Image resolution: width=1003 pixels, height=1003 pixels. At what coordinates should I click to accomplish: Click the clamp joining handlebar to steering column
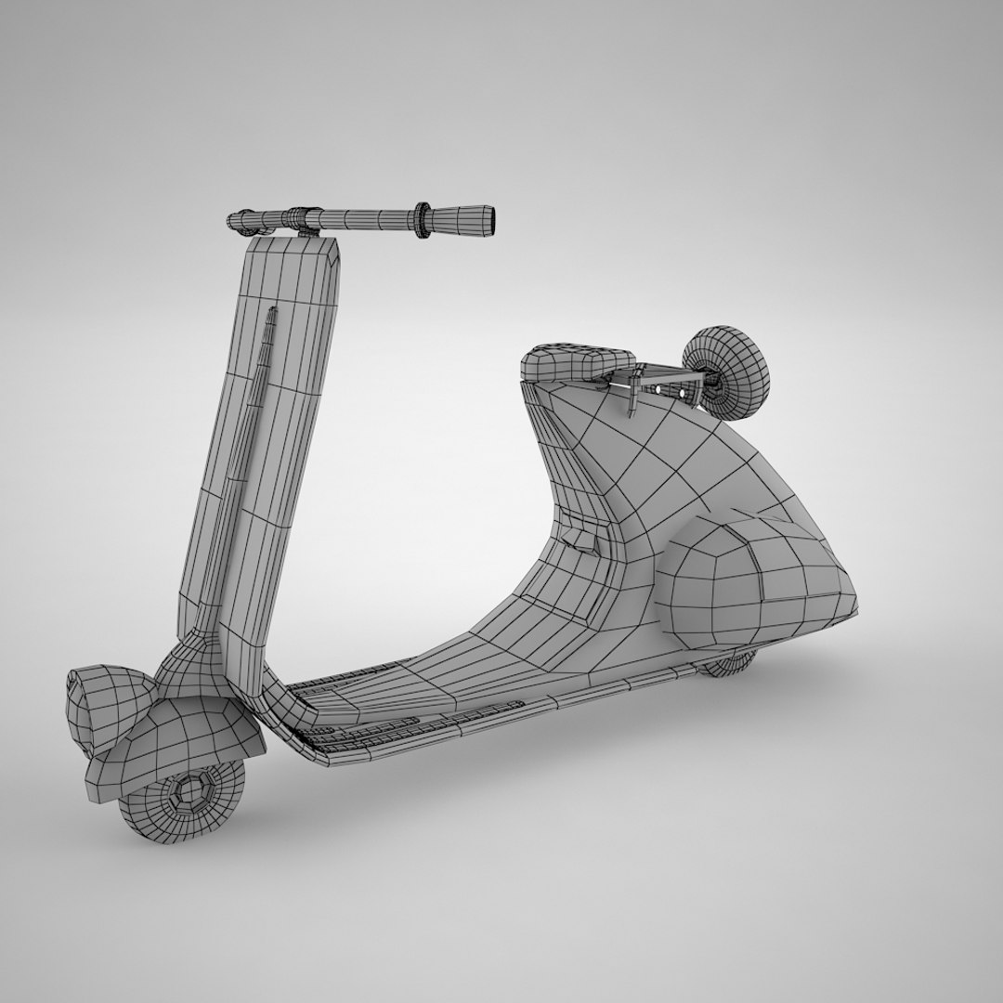pos(303,217)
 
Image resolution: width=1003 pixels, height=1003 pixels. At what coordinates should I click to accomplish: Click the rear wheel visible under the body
pos(729,663)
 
